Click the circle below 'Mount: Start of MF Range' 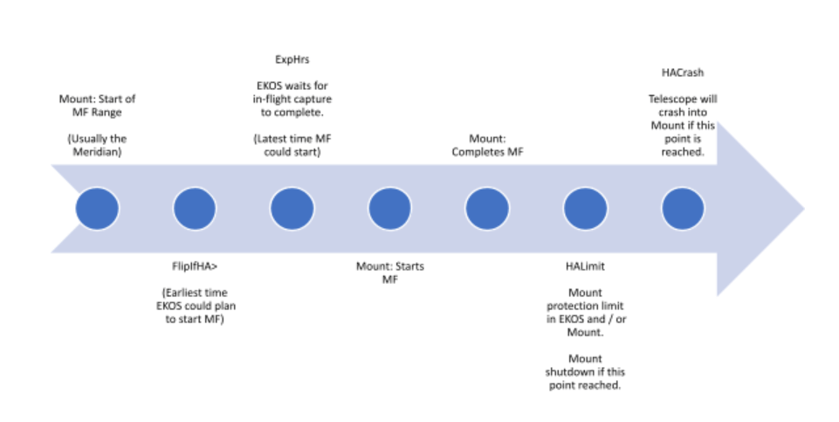pos(97,208)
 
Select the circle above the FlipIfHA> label pos(195,208)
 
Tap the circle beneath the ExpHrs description pos(292,208)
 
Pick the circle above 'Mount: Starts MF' pos(390,208)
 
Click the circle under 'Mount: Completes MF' pos(487,208)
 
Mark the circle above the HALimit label pos(585,208)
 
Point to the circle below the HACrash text pos(683,208)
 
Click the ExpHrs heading pos(292,59)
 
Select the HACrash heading pos(683,73)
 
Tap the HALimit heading pos(585,266)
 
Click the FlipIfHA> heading pos(195,266)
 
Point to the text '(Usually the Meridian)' pos(97,145)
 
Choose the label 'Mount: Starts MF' pos(390,273)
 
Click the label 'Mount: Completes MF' pos(487,145)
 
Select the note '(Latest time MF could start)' pos(292,145)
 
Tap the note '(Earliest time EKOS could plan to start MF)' pos(196,306)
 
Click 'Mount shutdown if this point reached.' pos(585,371)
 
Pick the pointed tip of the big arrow pos(804,209)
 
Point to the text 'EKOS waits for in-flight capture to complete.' pos(292,99)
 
